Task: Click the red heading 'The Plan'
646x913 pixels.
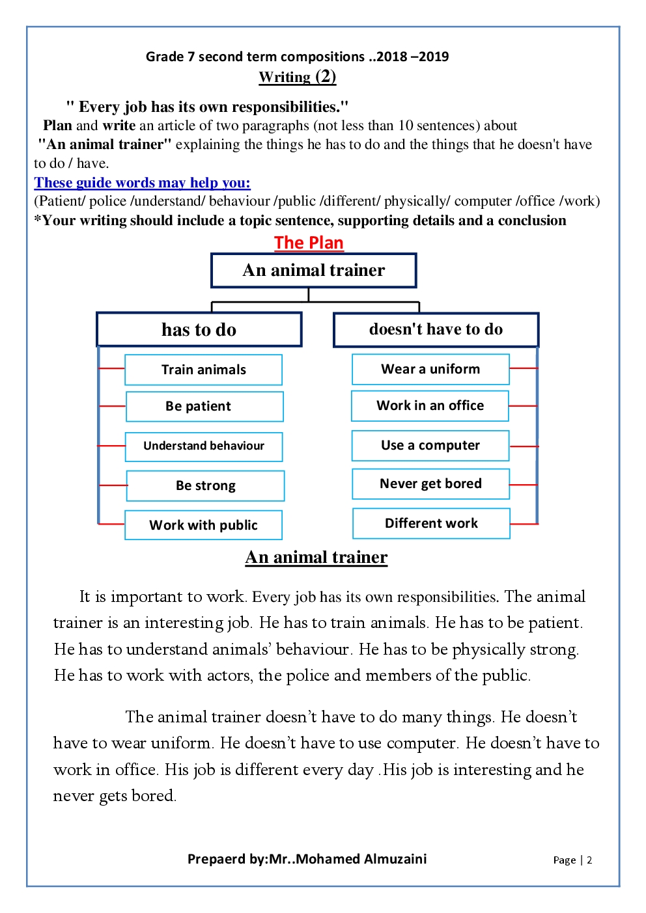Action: point(309,243)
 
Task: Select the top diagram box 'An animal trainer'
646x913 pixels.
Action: point(313,270)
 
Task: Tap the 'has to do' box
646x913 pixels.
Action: point(199,329)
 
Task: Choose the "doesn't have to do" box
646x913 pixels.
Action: point(436,329)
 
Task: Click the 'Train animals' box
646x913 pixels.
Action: point(203,370)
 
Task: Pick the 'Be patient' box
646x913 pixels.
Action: point(204,406)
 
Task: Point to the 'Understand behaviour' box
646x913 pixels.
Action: point(204,446)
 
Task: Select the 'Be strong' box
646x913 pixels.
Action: point(205,485)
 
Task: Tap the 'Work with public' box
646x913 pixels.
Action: point(203,525)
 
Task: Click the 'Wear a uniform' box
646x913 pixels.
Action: point(430,369)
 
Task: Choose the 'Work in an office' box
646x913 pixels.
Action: point(430,405)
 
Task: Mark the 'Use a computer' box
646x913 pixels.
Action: point(430,446)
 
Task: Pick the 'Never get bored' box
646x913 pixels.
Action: point(430,484)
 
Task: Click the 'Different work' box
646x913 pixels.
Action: point(431,523)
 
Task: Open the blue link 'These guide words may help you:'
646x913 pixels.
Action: point(142,183)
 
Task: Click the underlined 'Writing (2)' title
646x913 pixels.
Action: point(298,77)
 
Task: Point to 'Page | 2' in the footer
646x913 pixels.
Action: point(572,860)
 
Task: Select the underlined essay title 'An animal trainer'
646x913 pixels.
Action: point(316,557)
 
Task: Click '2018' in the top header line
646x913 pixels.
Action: point(392,57)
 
